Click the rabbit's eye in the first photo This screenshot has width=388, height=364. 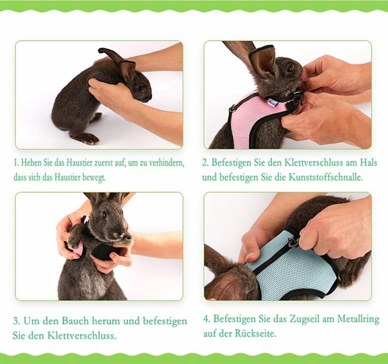pyautogui.click(x=141, y=88)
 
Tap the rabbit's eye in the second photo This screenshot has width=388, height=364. pyautogui.click(x=289, y=70)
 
